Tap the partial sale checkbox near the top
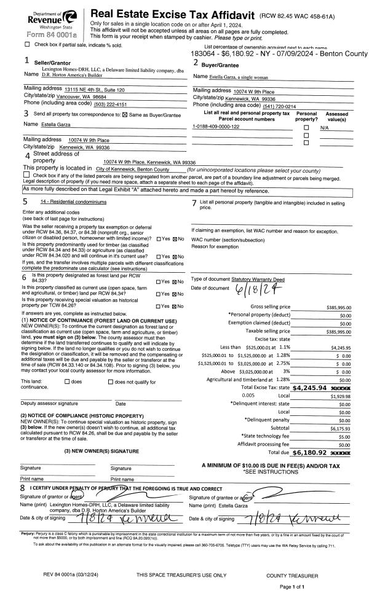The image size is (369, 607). click(x=27, y=45)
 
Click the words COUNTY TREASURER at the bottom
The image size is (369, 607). click(x=292, y=576)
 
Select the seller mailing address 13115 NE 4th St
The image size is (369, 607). click(x=90, y=90)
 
